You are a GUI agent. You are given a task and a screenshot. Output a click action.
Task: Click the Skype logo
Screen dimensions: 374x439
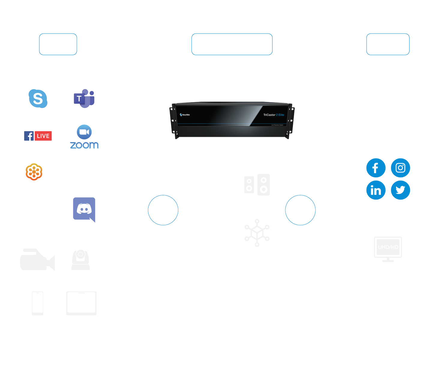click(38, 98)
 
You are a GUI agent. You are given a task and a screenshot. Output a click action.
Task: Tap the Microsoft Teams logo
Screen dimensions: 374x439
click(84, 98)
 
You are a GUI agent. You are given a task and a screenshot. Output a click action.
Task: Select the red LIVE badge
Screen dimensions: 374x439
click(43, 136)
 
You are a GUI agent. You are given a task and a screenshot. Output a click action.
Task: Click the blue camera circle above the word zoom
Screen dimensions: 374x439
click(84, 132)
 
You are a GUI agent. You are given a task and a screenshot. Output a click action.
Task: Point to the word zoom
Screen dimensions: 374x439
click(84, 145)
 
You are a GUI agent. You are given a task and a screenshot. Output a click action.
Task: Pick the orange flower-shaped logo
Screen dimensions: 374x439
click(34, 172)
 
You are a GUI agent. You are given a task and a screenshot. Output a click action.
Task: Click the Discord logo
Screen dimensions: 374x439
click(84, 209)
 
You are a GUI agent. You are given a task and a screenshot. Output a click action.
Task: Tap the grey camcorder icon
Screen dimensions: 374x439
click(37, 259)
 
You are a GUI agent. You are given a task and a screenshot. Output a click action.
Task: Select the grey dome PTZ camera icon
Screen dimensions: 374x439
click(80, 260)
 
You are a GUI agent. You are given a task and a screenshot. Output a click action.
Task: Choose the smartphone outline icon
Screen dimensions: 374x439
click(38, 303)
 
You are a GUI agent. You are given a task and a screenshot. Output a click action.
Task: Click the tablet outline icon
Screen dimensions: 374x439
click(81, 303)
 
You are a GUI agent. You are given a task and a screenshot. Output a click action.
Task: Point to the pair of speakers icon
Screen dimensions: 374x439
click(257, 185)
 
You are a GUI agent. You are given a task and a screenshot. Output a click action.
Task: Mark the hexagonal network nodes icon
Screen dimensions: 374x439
click(257, 233)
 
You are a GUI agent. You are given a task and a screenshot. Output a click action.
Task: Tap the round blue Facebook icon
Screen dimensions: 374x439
click(376, 168)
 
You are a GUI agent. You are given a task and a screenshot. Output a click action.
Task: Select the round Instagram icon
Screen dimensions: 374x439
click(400, 168)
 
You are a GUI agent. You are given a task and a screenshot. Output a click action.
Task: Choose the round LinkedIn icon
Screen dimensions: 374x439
click(376, 190)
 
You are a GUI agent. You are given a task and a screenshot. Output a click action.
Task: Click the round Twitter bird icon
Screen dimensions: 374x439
click(400, 190)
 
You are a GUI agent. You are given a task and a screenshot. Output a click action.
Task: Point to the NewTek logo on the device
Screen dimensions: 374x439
click(185, 115)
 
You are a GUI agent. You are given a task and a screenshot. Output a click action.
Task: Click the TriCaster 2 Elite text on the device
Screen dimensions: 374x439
click(274, 115)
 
